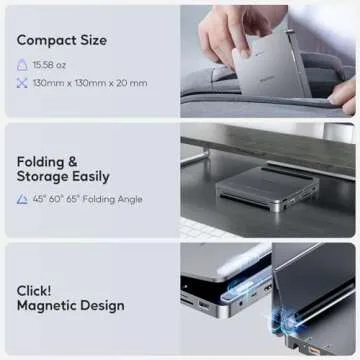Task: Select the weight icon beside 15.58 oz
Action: pos(22,64)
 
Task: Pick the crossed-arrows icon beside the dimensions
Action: pos(22,82)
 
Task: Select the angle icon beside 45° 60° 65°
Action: pos(22,200)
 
